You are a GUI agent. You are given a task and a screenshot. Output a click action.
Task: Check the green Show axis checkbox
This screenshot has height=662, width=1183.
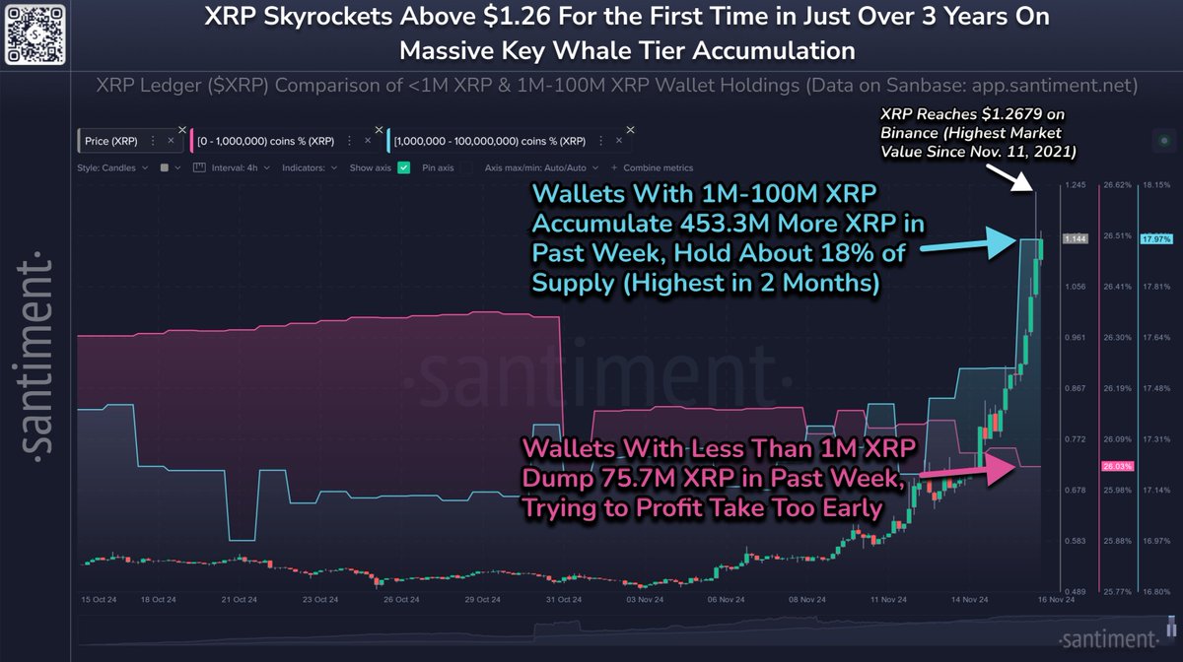point(403,167)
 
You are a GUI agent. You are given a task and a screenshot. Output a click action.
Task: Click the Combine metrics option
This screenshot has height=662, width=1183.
point(654,167)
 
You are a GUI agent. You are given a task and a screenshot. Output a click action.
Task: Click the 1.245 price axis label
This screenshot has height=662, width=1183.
point(1075,185)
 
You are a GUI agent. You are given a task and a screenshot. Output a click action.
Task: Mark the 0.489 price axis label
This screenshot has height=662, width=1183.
point(1075,591)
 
